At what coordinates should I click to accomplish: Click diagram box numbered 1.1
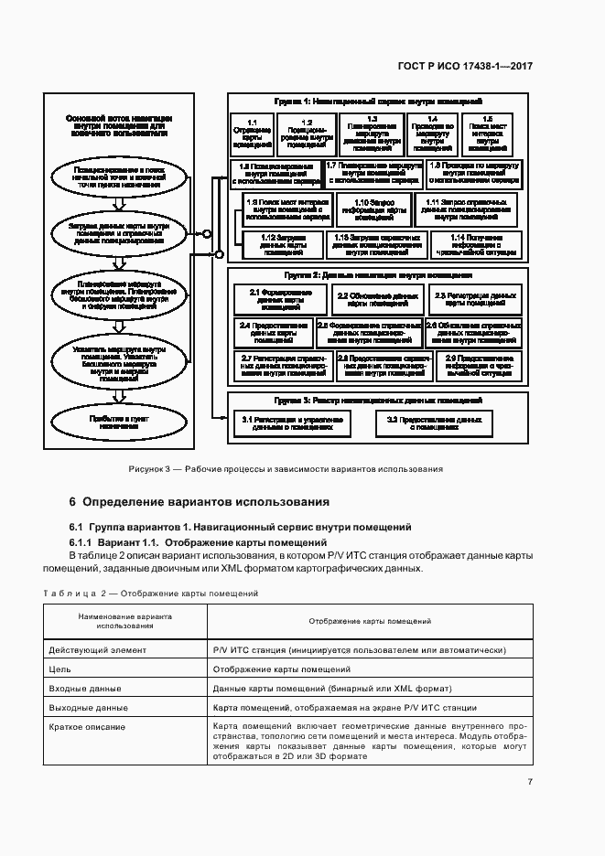tap(253, 133)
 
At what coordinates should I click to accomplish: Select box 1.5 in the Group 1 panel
tap(487, 133)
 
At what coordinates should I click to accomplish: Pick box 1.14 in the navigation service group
tap(472, 244)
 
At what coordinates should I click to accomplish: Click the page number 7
tap(530, 781)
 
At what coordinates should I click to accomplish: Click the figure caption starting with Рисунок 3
tap(286, 468)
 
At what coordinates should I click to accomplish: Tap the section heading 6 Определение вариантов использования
tap(199, 502)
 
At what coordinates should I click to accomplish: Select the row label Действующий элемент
tap(96, 649)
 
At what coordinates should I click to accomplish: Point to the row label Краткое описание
tap(87, 726)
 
